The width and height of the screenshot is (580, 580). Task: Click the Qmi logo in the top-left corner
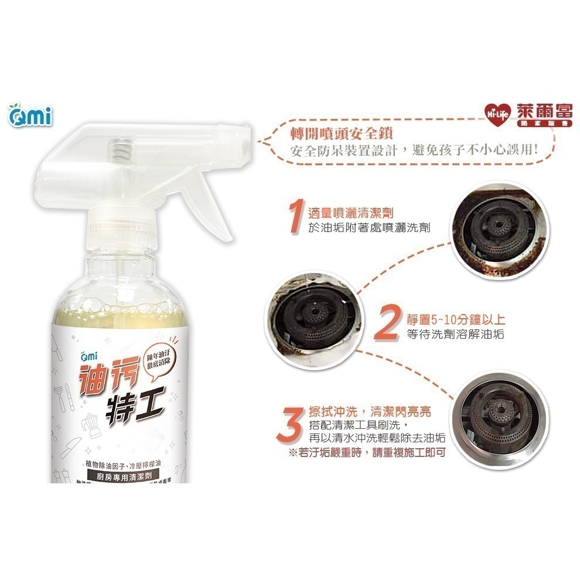point(30,115)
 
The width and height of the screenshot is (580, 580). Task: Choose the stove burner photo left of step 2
point(311,322)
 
